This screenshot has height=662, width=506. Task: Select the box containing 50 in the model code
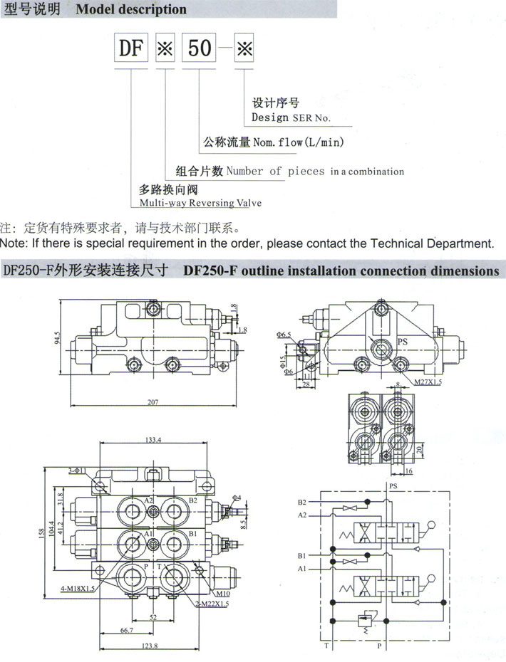(200, 48)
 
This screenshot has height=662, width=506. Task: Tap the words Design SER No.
(291, 117)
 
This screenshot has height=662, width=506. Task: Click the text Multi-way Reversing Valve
(200, 203)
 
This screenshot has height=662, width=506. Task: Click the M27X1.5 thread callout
(428, 382)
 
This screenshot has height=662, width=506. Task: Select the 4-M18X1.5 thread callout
(76, 588)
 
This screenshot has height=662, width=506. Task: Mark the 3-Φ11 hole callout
(78, 471)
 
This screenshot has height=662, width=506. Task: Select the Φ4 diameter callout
(236, 497)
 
